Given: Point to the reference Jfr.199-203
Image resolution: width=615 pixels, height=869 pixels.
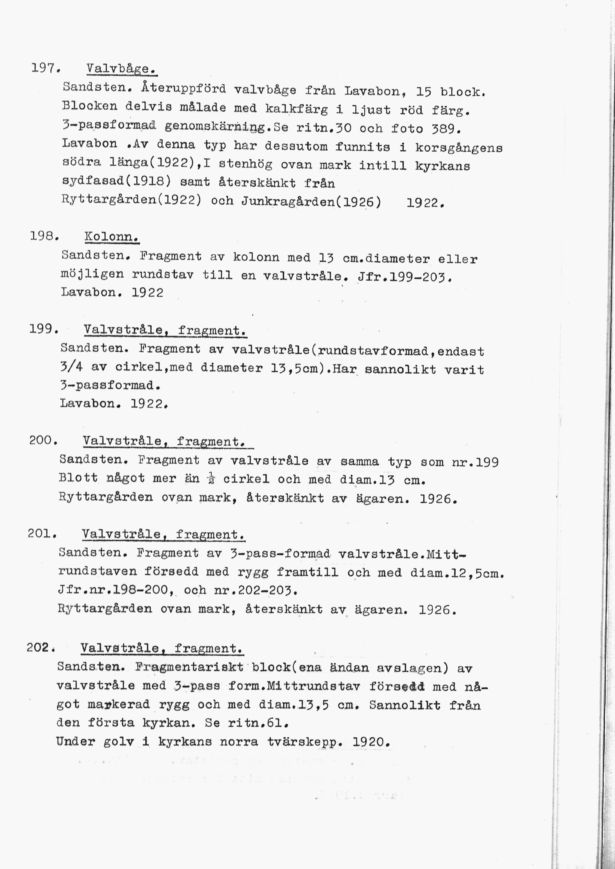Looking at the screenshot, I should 404,278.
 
